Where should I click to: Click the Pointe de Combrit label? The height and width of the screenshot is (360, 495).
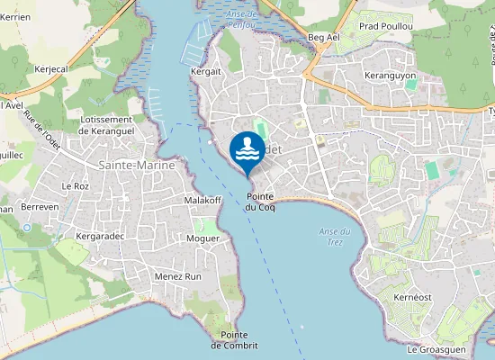click(234, 340)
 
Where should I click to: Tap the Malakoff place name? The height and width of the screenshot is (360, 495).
click(202, 200)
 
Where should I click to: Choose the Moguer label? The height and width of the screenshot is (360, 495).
click(202, 238)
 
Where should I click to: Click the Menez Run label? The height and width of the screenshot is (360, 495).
click(178, 276)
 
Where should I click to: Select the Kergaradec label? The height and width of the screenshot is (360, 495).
click(101, 236)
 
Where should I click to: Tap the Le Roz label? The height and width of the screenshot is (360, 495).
click(76, 185)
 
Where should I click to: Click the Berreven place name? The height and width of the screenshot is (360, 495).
click(39, 206)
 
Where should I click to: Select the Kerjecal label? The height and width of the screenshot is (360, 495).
click(51, 67)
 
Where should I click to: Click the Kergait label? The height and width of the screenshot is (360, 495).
click(206, 70)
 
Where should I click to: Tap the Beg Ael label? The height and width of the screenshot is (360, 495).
click(322, 37)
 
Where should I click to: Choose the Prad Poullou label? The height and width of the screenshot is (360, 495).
click(385, 26)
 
